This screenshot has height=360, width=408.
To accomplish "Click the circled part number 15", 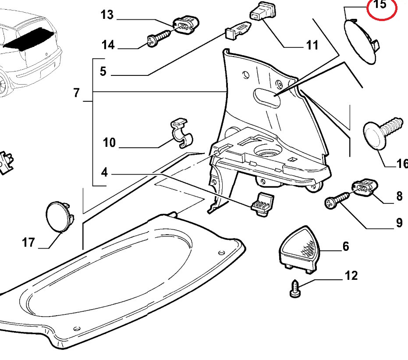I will [380, 6].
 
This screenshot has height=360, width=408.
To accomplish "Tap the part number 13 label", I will [107, 15].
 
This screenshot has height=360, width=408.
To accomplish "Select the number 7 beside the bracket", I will [77, 93].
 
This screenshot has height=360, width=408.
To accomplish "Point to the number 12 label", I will [351, 275].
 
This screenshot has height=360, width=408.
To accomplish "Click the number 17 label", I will [28, 242].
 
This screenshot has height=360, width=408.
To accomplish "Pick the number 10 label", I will [109, 142].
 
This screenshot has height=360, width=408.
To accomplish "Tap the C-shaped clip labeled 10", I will [181, 132].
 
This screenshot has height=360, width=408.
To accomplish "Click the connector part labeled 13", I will [186, 25].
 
